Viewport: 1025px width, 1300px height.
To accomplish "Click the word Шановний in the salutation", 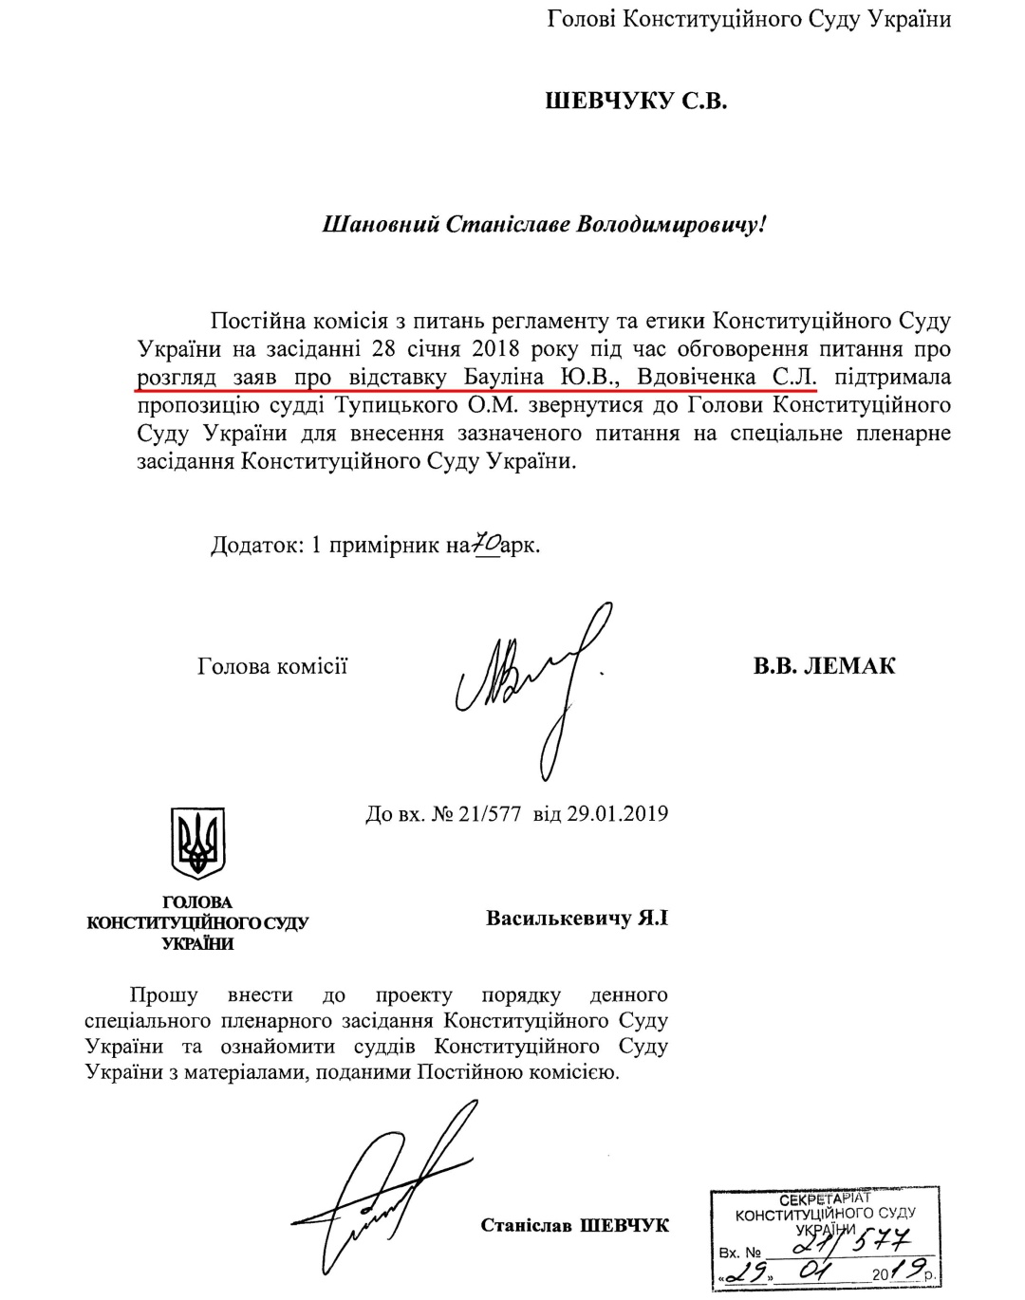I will (x=372, y=225).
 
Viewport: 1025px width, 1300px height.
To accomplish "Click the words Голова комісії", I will (x=272, y=665).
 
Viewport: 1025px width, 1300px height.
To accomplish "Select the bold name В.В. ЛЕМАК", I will (x=824, y=665).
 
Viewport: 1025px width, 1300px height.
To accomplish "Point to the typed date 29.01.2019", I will (x=617, y=814).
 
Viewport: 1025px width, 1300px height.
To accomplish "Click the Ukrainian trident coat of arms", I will (x=197, y=842).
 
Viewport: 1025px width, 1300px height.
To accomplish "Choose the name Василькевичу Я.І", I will (x=577, y=919).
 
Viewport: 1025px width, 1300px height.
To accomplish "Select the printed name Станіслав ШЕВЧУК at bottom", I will (x=574, y=1225).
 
